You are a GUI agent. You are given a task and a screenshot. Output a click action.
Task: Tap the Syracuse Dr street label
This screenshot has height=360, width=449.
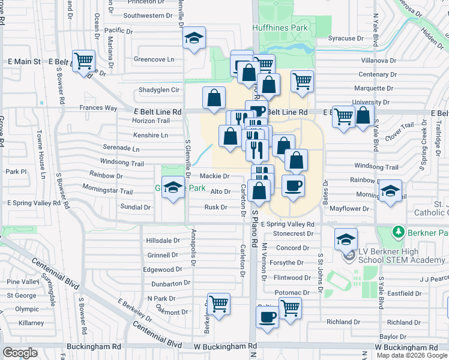pyautogui.click(x=346, y=38)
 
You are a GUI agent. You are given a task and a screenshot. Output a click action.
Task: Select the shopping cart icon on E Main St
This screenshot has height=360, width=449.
pyautogui.click(x=83, y=60)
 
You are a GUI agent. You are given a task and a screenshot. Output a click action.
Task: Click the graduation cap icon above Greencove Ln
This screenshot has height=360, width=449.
pyautogui.click(x=194, y=38)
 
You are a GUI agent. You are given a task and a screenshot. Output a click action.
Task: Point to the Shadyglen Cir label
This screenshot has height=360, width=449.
pyautogui.click(x=159, y=90)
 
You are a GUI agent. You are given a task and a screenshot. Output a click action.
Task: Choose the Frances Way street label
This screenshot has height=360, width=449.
pyautogui.click(x=98, y=108)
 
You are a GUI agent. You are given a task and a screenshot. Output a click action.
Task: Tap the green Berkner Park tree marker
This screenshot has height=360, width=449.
pyautogui.click(x=397, y=231)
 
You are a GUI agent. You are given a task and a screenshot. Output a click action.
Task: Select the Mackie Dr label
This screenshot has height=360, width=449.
pyautogui.click(x=214, y=176)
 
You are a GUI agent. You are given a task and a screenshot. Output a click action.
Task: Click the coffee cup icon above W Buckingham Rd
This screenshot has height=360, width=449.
pyautogui.click(x=268, y=316)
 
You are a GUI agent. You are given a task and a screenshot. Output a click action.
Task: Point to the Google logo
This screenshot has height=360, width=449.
pyautogui.click(x=20, y=353)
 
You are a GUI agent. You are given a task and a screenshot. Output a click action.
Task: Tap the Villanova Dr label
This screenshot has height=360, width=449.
pyautogui.click(x=379, y=61)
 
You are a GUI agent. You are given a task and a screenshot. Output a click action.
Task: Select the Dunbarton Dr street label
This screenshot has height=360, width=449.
pyautogui.click(x=170, y=283)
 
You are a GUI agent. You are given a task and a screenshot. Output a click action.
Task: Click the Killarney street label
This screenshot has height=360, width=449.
pyautogui.click(x=31, y=323)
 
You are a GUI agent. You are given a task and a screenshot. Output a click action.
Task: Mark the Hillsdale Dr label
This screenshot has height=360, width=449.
pyautogui.click(x=163, y=240)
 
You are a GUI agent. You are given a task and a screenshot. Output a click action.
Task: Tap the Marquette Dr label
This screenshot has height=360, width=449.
pyautogui.click(x=373, y=88)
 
